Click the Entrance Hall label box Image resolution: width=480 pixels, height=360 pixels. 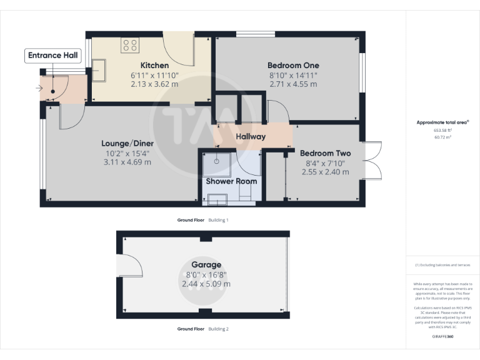[53, 56]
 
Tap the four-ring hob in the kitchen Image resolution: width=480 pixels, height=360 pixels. [130, 44]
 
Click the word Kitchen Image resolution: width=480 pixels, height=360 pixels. [154, 66]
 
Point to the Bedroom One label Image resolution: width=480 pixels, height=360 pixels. [293, 66]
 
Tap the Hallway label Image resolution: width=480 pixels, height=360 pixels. [251, 137]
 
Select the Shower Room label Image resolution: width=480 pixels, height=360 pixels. [232, 181]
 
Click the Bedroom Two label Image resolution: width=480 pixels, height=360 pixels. [325, 153]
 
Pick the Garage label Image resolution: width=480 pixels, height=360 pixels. [206, 265]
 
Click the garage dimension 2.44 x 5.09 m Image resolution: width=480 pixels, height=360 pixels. [206, 284]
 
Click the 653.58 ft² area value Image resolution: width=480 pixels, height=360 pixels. [442, 130]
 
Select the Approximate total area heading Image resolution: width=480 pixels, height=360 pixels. [442, 122]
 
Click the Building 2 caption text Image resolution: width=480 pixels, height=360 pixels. [219, 329]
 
